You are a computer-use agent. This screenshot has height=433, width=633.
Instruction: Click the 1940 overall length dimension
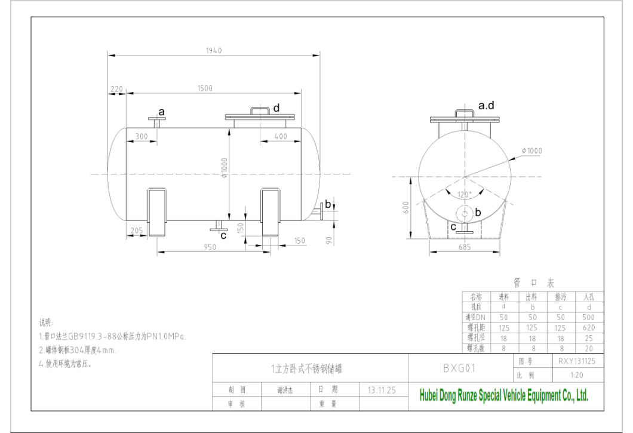pyautogui.click(x=214, y=51)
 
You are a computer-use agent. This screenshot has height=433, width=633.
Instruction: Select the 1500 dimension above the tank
pyautogui.click(x=205, y=88)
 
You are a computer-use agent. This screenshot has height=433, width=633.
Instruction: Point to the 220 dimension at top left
pyautogui.click(x=116, y=89)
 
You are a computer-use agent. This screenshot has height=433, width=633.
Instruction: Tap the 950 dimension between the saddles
pyautogui.click(x=210, y=247)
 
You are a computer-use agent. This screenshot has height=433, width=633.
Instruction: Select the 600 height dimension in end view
pyautogui.click(x=406, y=206)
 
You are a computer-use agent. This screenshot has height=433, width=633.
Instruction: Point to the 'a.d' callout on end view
pyautogui.click(x=487, y=106)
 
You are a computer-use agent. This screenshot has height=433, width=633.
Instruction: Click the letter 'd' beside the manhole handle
pyautogui.click(x=276, y=108)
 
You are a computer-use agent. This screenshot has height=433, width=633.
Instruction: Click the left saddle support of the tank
pyautogui.click(x=158, y=211)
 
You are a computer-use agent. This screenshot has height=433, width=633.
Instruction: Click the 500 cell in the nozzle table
pyautogui.click(x=589, y=317)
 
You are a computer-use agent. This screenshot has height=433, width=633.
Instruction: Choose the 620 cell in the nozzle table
pyautogui.click(x=589, y=327)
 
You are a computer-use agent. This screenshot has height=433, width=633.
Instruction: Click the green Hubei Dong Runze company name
pyautogui.click(x=504, y=395)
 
